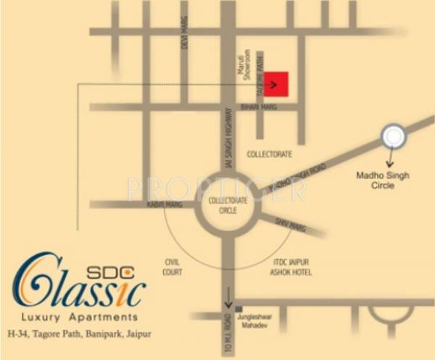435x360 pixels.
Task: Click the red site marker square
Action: point(276,84)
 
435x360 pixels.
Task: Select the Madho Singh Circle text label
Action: point(383,180)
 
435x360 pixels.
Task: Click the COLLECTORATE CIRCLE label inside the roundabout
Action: point(228,206)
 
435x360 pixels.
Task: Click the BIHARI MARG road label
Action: point(255,106)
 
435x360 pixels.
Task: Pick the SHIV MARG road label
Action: point(289,224)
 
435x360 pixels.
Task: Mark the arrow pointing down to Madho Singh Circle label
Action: point(392,157)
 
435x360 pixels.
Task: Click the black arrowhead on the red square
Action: point(273,84)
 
